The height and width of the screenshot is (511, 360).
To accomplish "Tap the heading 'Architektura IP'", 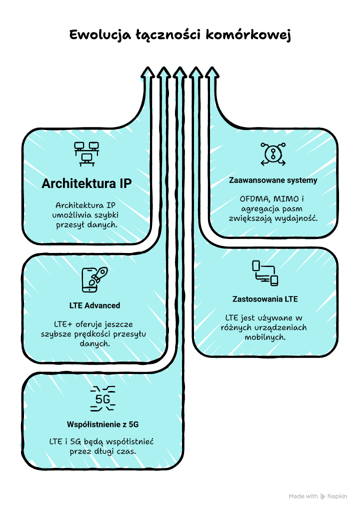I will click(86, 183).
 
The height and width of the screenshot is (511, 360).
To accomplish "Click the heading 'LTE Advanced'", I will click(94, 305).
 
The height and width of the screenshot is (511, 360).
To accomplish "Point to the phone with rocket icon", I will click(94, 279).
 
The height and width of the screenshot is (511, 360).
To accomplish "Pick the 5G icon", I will click(102, 399).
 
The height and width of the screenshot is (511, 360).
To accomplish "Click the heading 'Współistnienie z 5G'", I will click(102, 424).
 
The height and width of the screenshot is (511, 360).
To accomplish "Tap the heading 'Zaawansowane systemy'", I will click(273, 180).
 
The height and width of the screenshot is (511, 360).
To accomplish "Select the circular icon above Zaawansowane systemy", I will click(273, 153).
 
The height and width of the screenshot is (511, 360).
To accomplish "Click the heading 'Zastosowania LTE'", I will click(265, 299).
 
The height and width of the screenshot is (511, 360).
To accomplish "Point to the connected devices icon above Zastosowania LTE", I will click(265, 273).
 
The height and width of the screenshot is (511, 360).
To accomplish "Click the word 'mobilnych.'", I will click(265, 337).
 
